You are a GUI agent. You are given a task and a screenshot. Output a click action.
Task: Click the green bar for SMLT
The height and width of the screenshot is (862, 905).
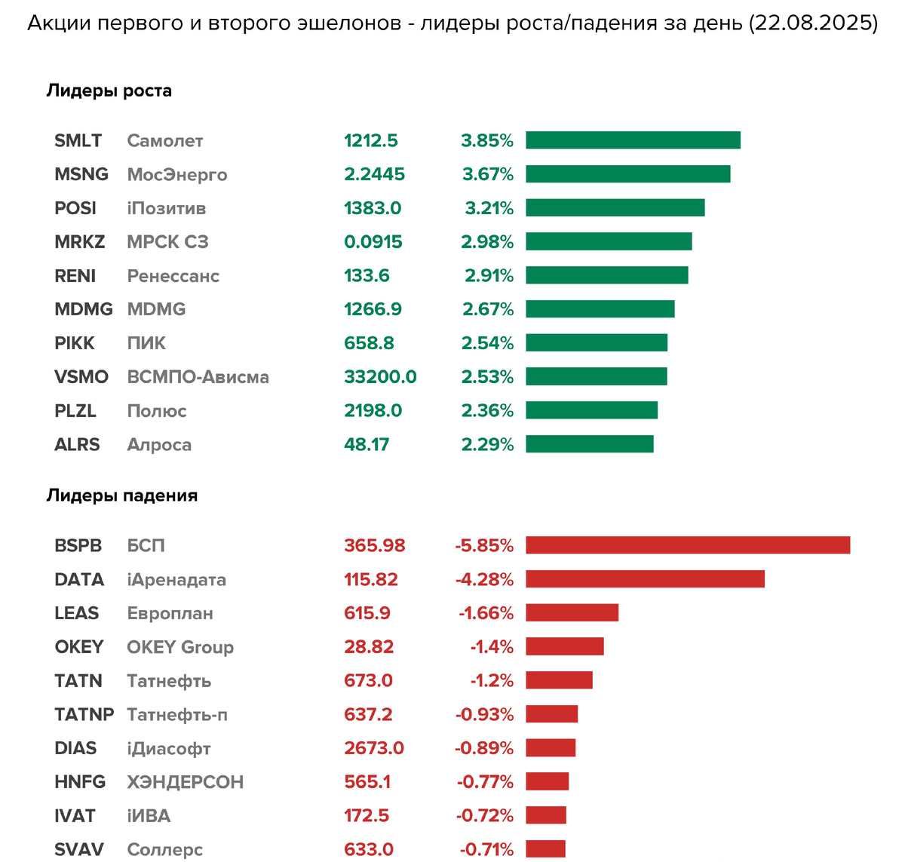pyautogui.click(x=633, y=140)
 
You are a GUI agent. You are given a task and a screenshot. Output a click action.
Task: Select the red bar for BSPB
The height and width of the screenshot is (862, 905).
pyautogui.click(x=688, y=545)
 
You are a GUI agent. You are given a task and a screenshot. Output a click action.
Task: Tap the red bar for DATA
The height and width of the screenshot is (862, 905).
pyautogui.click(x=645, y=579)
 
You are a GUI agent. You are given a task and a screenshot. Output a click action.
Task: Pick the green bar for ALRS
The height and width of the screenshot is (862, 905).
pyautogui.click(x=590, y=444)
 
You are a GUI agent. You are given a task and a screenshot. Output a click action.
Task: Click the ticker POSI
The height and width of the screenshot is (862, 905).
pyautogui.click(x=75, y=208)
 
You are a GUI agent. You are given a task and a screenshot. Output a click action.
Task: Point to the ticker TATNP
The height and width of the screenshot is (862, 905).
pyautogui.click(x=84, y=714)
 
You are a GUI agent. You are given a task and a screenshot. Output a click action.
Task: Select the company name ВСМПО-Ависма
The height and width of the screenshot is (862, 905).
pyautogui.click(x=198, y=377)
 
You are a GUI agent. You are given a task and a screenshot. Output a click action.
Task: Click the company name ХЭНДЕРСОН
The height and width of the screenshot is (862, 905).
pyautogui.click(x=185, y=782)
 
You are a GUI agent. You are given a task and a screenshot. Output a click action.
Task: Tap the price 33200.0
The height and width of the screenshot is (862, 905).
pyautogui.click(x=380, y=377)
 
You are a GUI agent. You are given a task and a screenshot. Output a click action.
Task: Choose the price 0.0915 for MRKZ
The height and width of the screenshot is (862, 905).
pyautogui.click(x=373, y=242)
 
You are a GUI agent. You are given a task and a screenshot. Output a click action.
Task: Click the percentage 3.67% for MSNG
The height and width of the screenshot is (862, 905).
pyautogui.click(x=487, y=174)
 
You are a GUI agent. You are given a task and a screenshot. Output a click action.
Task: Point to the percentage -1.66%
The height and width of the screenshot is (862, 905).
pyautogui.click(x=486, y=613)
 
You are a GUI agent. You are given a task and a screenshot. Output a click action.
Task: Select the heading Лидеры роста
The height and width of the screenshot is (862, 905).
pyautogui.click(x=109, y=90)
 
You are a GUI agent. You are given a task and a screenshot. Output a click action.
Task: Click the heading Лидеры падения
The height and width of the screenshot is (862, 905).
pyautogui.click(x=122, y=495)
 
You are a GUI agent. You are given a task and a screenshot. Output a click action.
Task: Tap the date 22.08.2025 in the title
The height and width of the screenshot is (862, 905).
pyautogui.click(x=813, y=23)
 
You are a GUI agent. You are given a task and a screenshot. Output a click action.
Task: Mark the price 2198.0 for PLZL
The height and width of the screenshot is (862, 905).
pyautogui.click(x=373, y=411)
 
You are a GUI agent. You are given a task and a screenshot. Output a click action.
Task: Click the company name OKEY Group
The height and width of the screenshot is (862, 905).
pyautogui.click(x=180, y=647)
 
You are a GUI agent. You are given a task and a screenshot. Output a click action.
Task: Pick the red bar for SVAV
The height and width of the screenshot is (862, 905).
pyautogui.click(x=545, y=849)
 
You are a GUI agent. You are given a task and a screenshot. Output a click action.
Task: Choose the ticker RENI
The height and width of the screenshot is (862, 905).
pyautogui.click(x=75, y=276)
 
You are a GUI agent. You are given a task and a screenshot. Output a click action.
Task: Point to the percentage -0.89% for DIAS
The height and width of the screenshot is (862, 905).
pyautogui.click(x=484, y=748)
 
